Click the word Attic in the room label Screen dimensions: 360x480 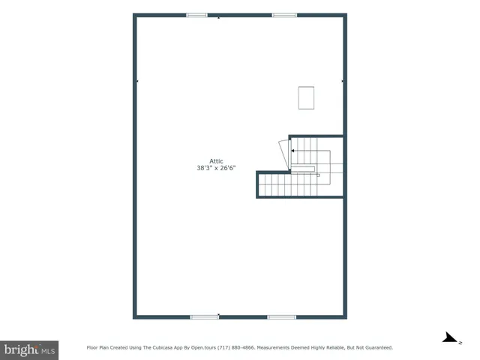pos(217,160)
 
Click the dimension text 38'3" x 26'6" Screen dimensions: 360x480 pos(217,169)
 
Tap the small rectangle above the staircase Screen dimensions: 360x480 pos(306,97)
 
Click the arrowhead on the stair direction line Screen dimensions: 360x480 pos(292,151)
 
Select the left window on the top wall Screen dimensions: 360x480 pos(196,15)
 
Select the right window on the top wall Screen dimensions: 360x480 pos(284,15)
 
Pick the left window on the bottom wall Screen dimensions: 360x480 pos(204,317)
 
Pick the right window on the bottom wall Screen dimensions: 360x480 pos(281,317)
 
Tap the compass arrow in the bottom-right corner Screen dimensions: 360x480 pos(450,339)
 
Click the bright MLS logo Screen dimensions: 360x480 pos(30,349)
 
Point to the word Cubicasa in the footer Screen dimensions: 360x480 pos(160,348)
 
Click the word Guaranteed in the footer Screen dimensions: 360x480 pos(376,348)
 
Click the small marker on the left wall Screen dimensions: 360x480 pos(136,81)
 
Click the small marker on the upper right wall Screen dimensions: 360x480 pos(343,81)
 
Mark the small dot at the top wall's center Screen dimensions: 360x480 pos(218,16)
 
